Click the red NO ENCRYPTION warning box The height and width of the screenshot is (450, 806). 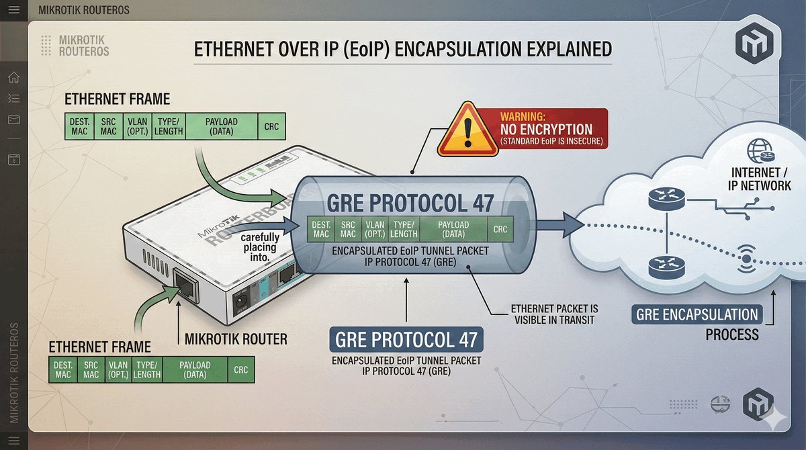point(546,128)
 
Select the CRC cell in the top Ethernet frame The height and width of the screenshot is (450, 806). point(271,126)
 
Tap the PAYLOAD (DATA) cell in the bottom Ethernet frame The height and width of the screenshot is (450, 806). point(195,370)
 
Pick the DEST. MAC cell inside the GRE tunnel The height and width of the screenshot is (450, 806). point(321,229)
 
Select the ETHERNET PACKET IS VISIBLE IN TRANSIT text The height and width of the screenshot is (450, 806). point(554,314)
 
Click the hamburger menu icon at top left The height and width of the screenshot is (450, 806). point(13,9)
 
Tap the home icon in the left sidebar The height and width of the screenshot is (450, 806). point(13,77)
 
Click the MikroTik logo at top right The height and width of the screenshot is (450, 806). point(749,45)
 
